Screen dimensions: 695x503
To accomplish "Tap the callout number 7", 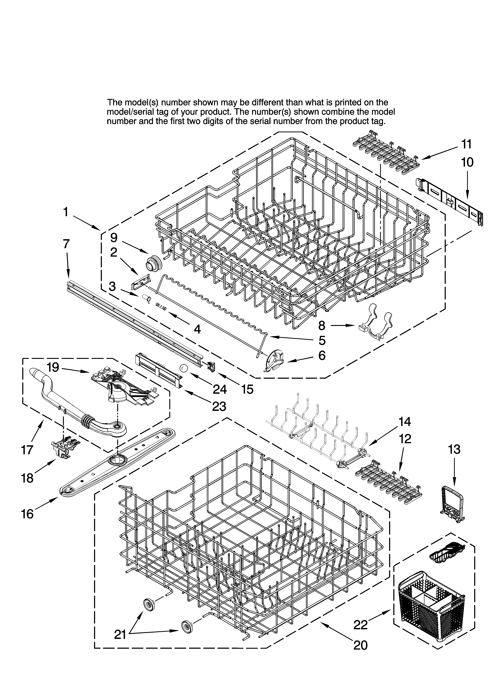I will (66, 244).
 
